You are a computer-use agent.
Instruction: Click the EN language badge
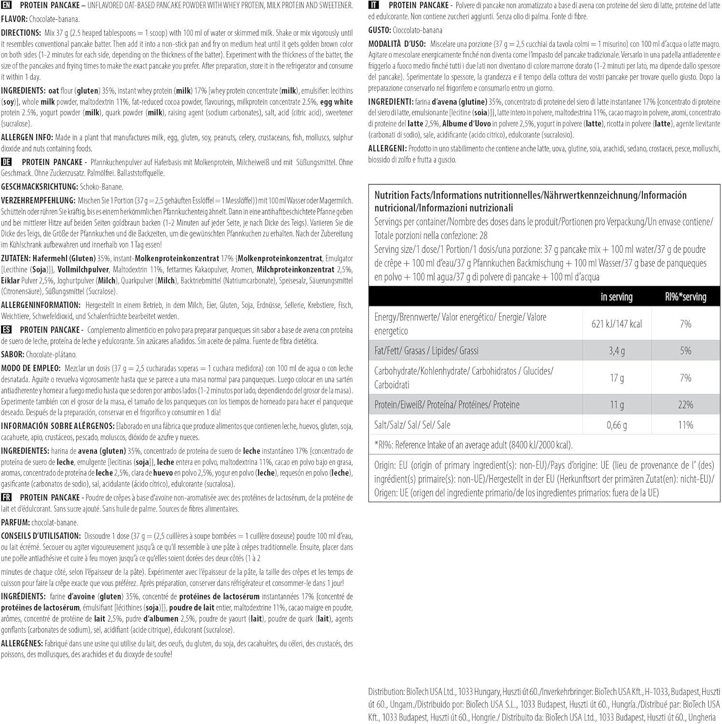6,5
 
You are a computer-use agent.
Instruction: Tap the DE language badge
6,162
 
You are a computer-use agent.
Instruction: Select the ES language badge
6,330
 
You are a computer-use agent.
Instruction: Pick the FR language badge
6,497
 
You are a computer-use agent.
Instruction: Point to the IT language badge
373,5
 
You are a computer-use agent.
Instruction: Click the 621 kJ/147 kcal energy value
616,324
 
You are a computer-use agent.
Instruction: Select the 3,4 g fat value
616,351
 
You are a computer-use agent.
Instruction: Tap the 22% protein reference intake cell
685,404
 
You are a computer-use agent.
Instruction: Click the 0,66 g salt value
616,425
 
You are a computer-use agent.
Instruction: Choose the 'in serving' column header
616,297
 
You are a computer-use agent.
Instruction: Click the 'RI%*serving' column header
685,297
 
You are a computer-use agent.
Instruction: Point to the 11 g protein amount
616,404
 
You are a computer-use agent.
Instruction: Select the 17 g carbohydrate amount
616,378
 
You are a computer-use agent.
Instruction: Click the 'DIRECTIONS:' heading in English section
21,33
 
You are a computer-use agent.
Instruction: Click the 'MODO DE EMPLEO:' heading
31,368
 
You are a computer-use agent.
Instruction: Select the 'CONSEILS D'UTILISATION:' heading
41,536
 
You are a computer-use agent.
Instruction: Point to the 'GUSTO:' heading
380,30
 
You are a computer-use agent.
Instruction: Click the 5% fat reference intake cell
685,351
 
